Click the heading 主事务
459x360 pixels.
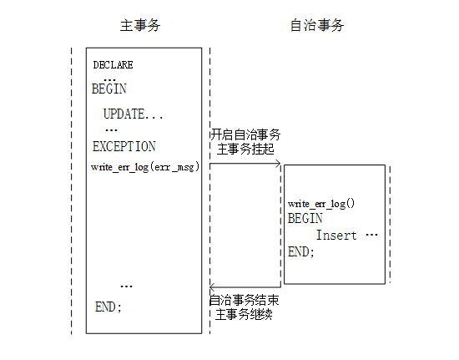[x=140, y=25]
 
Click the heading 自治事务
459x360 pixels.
[x=317, y=25]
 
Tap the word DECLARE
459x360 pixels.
[x=113, y=65]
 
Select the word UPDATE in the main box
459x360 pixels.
[x=124, y=114]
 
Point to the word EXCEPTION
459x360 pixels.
[x=124, y=146]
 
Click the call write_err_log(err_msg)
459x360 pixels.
[x=145, y=167]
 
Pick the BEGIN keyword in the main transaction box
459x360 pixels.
[x=109, y=89]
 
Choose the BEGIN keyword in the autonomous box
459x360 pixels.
[x=305, y=218]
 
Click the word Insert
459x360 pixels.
[x=336, y=236]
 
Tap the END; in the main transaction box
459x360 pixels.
[x=108, y=307]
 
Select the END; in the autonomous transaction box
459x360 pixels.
[x=301, y=252]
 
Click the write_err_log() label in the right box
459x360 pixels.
[x=321, y=204]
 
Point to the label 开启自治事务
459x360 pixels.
[x=245, y=134]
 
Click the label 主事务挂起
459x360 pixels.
[x=245, y=150]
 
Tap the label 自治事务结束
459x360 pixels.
[x=245, y=300]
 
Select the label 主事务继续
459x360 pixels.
[x=244, y=315]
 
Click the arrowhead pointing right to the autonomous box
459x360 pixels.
[x=279, y=164]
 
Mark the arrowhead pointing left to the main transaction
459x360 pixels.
[x=212, y=287]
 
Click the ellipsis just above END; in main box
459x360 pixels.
[x=127, y=286]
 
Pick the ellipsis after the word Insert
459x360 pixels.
[x=371, y=235]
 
